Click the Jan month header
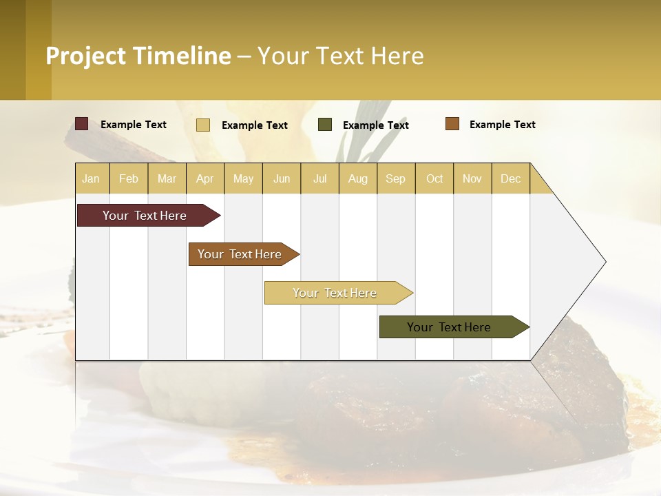click(91, 178)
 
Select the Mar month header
click(167, 178)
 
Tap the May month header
click(243, 178)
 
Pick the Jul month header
click(319, 178)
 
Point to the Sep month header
click(395, 178)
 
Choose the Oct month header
click(434, 178)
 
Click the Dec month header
click(510, 178)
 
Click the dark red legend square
click(82, 124)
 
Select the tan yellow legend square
click(203, 125)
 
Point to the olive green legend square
click(325, 125)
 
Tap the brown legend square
click(452, 124)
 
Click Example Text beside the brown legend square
click(502, 125)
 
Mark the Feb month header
click(129, 178)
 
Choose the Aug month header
click(357, 178)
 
